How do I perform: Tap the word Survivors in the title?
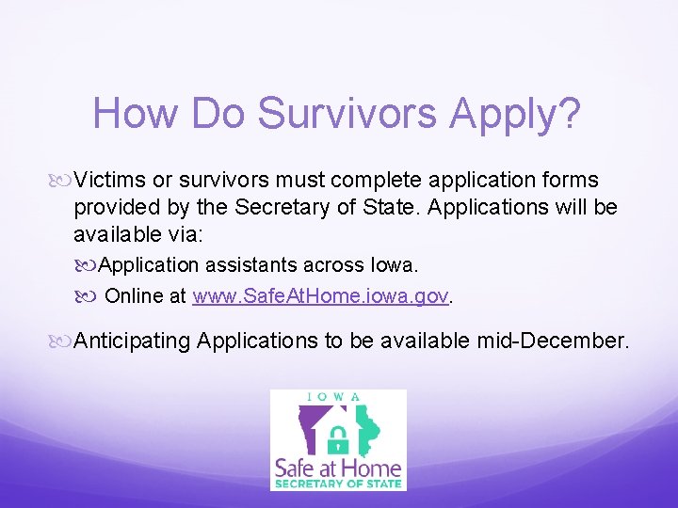tap(348, 114)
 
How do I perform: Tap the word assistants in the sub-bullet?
tap(250, 264)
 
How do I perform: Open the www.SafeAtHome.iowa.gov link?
tap(320, 295)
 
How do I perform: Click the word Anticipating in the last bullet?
tap(132, 340)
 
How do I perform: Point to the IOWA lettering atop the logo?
tap(335, 396)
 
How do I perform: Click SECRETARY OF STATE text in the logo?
tap(337, 484)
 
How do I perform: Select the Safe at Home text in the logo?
tap(337, 467)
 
